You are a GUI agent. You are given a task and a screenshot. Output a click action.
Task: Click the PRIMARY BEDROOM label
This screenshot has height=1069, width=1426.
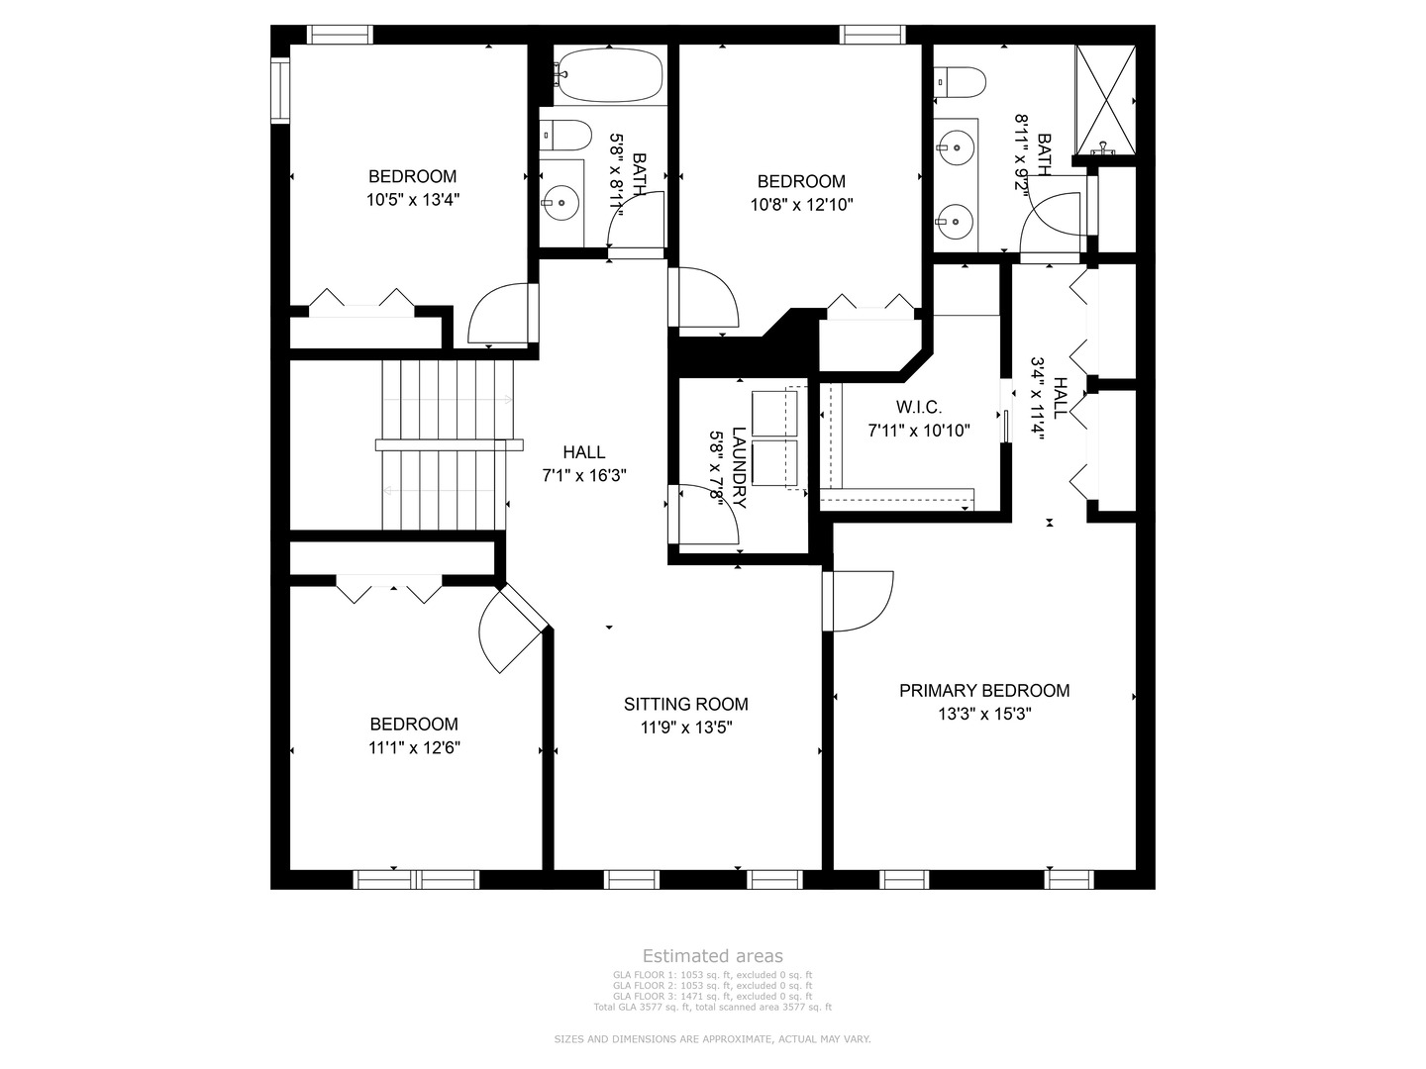pos(983,690)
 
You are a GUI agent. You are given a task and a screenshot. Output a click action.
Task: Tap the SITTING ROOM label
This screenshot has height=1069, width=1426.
pos(685,704)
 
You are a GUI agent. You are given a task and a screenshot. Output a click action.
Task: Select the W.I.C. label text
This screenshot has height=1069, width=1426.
pos(918,407)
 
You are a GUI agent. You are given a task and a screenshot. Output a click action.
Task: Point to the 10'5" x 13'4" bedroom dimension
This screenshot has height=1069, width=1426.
pos(413,199)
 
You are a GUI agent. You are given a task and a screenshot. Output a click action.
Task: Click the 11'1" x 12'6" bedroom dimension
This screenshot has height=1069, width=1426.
pos(414,747)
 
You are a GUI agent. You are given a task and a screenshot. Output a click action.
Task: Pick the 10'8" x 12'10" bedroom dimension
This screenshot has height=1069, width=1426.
pos(801,205)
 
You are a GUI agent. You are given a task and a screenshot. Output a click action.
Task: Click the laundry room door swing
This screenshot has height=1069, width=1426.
pos(707,515)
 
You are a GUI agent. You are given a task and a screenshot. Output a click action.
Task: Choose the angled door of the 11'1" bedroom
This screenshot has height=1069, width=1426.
pos(509,633)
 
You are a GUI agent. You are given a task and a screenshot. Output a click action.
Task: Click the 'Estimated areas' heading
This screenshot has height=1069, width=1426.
pos(712,955)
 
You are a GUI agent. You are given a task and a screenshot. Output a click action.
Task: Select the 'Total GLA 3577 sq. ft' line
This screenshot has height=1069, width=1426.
pos(712,1007)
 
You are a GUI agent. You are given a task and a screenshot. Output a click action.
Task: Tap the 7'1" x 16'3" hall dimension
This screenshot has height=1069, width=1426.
pos(583,475)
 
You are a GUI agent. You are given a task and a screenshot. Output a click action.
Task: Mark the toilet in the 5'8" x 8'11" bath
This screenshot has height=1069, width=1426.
pos(565,133)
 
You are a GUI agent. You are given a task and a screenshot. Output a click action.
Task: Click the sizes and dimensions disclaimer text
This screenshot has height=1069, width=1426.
pos(712,1039)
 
